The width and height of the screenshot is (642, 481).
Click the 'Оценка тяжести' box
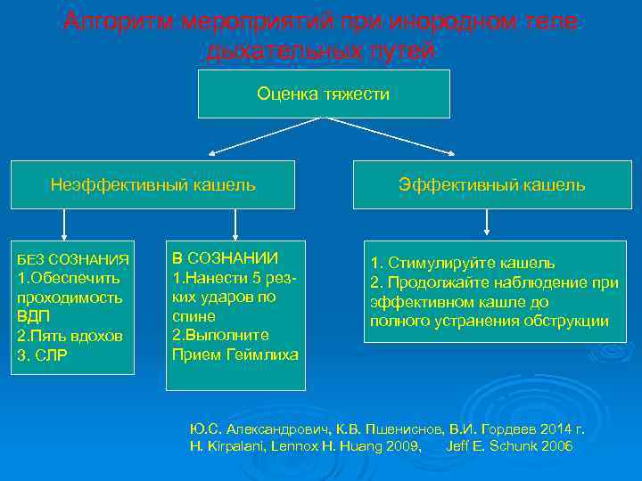323,94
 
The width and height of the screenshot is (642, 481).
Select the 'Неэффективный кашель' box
152,185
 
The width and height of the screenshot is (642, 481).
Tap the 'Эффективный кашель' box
491,185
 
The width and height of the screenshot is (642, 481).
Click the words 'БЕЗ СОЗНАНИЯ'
74,259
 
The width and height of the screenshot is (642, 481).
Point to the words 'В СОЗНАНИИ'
225,257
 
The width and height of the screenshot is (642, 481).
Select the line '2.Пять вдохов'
70,337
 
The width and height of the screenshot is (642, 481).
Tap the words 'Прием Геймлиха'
235,355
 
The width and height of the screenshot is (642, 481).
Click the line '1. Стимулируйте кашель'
463,263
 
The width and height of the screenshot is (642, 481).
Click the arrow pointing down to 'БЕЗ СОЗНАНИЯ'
62,225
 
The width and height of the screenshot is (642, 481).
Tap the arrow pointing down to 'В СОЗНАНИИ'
235,225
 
